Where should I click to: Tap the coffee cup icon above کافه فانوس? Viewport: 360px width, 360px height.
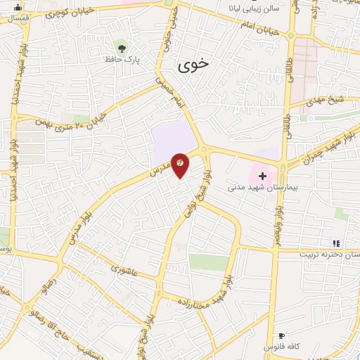point(281,336)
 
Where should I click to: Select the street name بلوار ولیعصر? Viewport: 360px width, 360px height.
point(278,221)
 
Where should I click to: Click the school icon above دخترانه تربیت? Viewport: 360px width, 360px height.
point(335,243)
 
